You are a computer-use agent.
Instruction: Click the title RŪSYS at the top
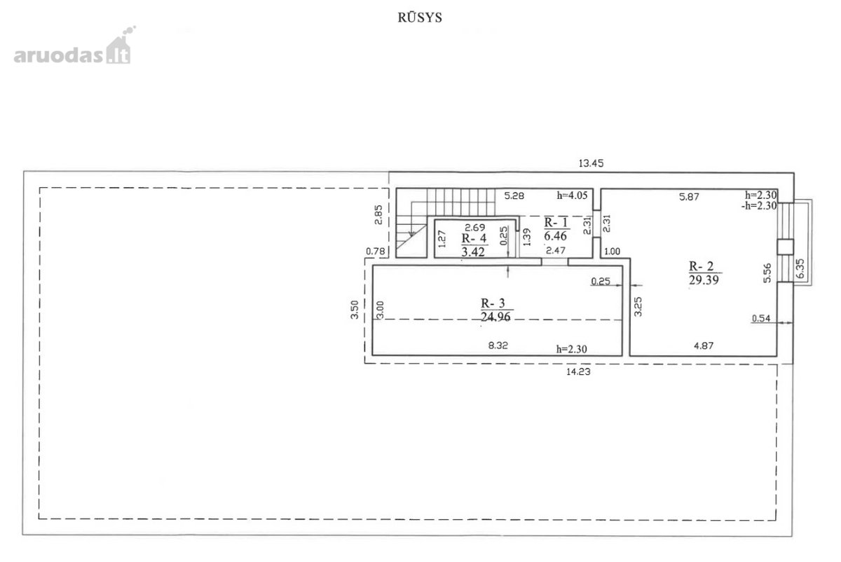tap(420, 18)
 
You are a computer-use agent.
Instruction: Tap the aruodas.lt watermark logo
tap(74, 46)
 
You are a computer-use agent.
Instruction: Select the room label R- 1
tap(556, 223)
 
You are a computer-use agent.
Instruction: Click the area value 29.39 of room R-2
tap(704, 280)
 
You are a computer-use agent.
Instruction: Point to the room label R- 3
tap(493, 303)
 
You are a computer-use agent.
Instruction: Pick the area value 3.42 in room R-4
tap(473, 252)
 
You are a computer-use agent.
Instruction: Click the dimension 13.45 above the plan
tap(591, 163)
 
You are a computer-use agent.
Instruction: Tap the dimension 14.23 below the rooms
tap(578, 371)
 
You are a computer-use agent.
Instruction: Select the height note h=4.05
tap(572, 196)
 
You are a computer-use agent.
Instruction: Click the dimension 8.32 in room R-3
tap(498, 345)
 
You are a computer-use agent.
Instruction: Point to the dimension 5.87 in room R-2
tap(689, 197)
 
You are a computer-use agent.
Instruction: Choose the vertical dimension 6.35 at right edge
tap(800, 268)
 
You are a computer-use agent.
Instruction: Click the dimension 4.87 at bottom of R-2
tap(704, 345)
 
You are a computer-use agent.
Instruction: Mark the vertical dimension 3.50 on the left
tap(355, 310)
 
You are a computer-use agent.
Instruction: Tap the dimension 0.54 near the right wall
tap(761, 318)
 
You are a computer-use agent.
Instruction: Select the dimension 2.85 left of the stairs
tap(378, 214)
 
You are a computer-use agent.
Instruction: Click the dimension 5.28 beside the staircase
tap(514, 196)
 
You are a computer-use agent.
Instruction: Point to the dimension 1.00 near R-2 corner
tap(612, 252)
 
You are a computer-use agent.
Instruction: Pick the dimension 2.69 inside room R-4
tap(475, 228)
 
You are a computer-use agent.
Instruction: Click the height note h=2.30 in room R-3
tap(571, 349)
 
